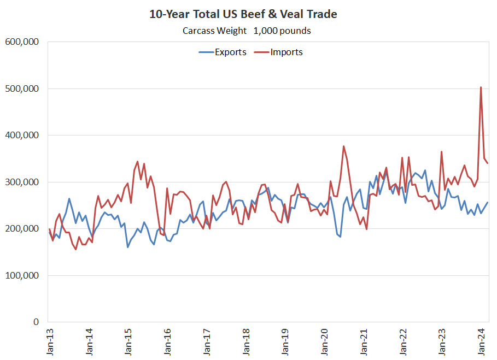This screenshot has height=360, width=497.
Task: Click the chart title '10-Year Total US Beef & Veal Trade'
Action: coord(243,14)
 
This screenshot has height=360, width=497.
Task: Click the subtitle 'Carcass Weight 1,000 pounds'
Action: coord(247,31)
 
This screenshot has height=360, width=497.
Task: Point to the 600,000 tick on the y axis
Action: coord(22,42)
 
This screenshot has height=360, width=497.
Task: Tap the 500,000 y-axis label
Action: coord(22,88)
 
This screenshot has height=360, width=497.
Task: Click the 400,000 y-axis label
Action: coord(22,135)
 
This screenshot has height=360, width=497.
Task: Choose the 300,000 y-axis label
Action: coord(22,182)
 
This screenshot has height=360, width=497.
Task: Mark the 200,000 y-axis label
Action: coord(22,229)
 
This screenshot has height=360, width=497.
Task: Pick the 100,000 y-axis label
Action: coord(22,275)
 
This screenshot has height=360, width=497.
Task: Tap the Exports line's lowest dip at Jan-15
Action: coord(128,247)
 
